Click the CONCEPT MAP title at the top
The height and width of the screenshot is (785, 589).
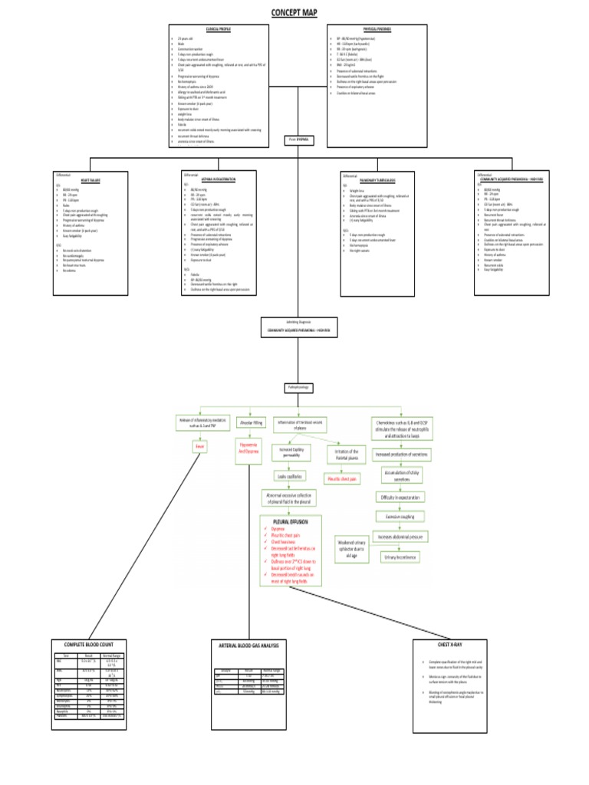[x=294, y=13]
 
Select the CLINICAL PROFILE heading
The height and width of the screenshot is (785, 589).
[x=219, y=29]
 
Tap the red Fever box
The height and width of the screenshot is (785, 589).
[x=202, y=445]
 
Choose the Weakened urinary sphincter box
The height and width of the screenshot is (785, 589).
[x=350, y=550]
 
